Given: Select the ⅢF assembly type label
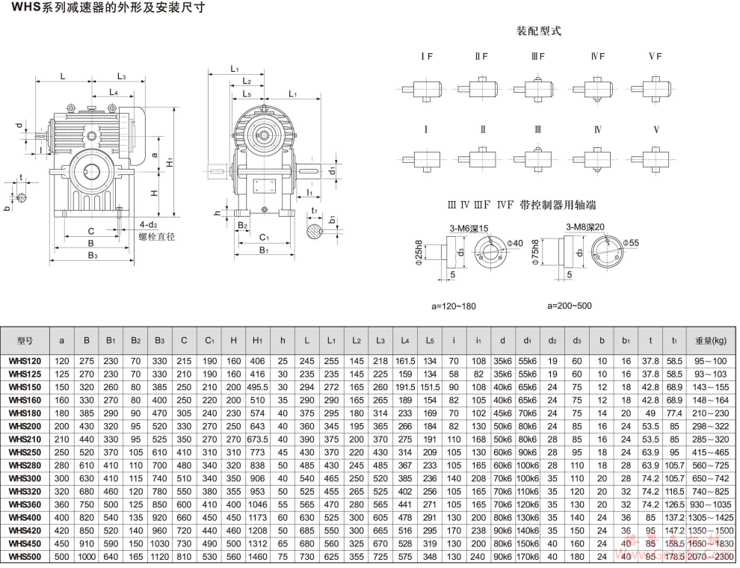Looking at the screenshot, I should click(538, 57).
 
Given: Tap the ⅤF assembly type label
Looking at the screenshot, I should click(656, 57).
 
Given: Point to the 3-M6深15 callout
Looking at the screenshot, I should click(469, 228).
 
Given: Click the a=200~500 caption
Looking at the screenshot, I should click(570, 306).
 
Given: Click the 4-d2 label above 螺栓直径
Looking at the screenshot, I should click(148, 224).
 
